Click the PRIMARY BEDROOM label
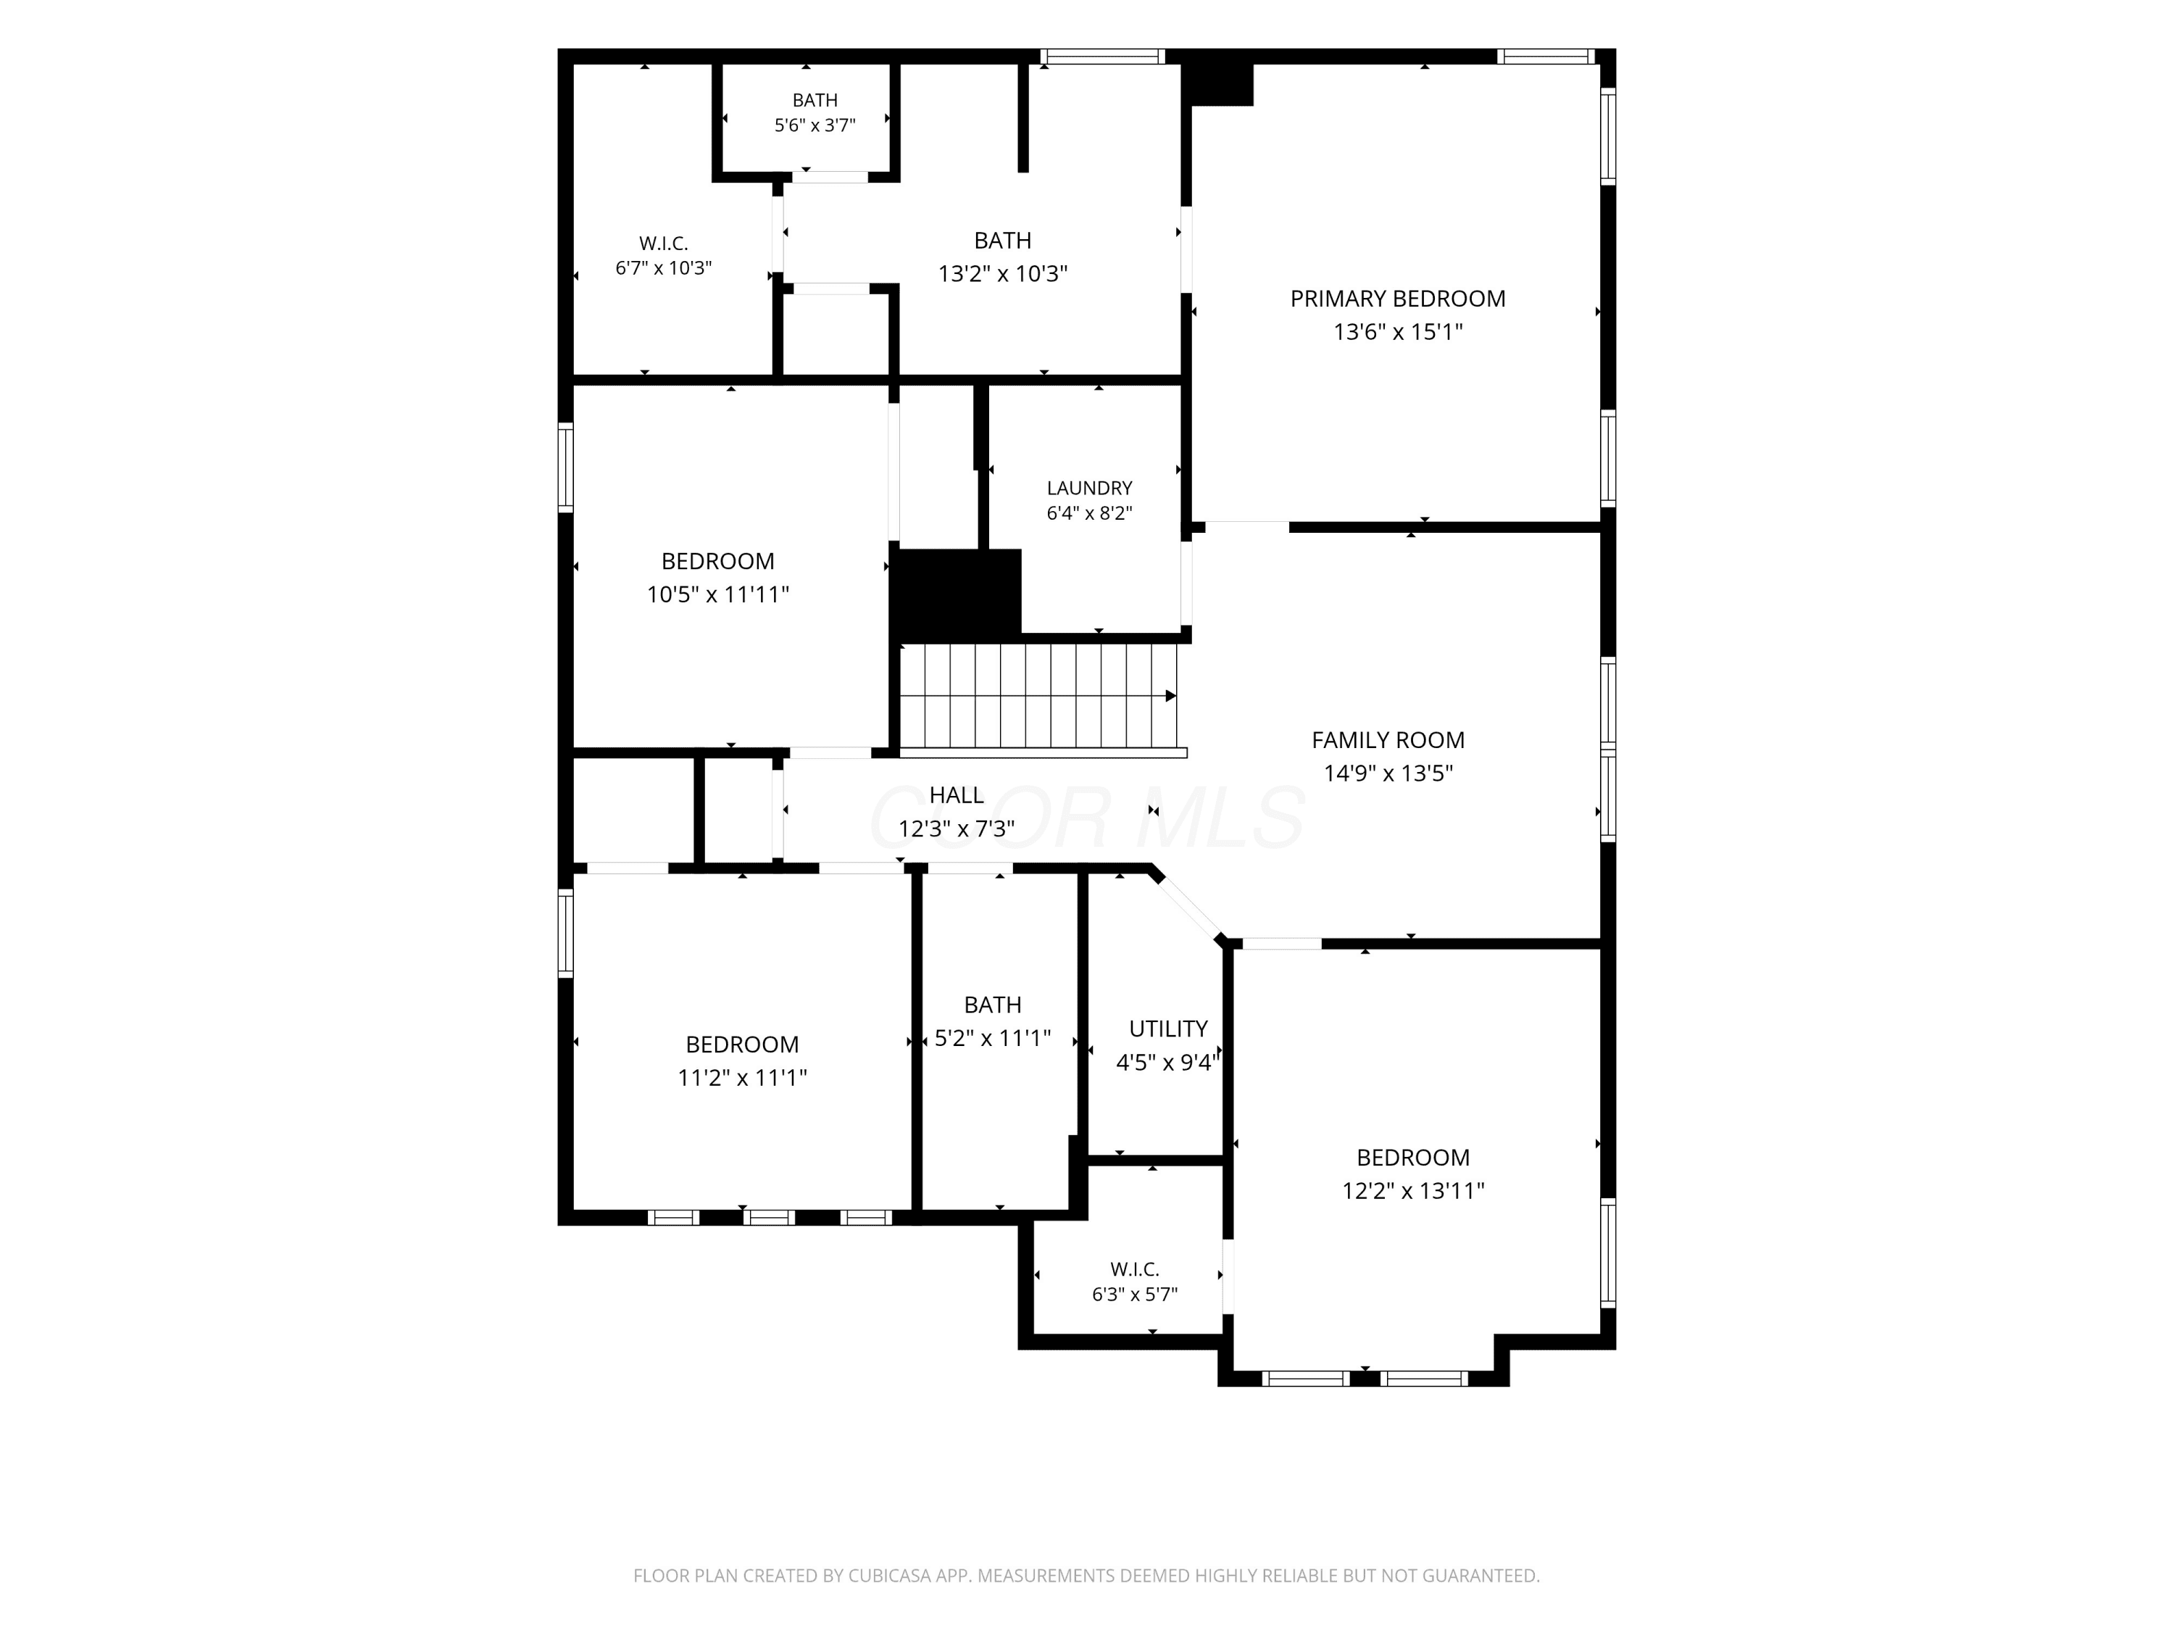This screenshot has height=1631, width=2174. pos(1398,299)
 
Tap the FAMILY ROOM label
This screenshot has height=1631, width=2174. pos(1388,740)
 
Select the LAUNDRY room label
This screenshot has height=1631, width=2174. pos(1089,489)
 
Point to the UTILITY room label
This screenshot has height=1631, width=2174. pos(1167,1029)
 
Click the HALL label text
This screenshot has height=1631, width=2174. pos(957,795)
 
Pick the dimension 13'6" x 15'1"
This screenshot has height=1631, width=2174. pos(1398,332)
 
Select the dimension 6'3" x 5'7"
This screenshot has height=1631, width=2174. pos(1134,1295)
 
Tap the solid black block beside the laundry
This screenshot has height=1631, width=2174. pos(955,593)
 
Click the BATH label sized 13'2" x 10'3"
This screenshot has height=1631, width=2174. pos(1002,241)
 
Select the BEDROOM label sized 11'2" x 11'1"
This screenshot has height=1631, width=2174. pos(742,1045)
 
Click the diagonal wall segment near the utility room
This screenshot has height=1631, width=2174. pos(1188,905)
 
